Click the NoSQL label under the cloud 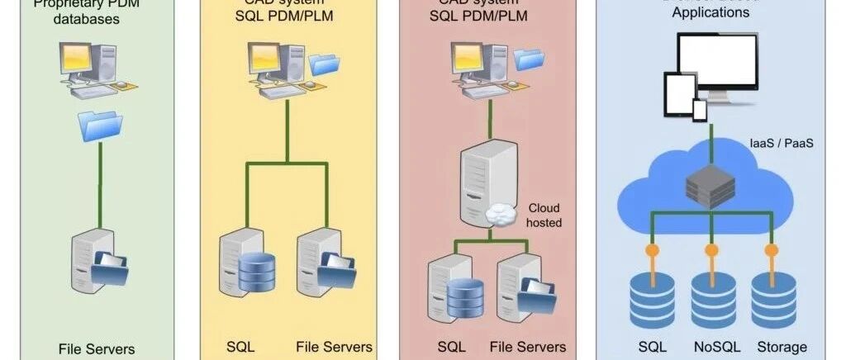(712, 347)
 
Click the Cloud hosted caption (544, 216)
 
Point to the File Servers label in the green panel (96, 348)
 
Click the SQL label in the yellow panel (240, 346)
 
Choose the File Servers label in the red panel (527, 346)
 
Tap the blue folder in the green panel (100, 126)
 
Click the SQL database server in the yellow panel (245, 263)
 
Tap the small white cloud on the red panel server (503, 215)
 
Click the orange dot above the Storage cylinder (771, 249)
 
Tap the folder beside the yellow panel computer (323, 64)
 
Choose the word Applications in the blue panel (711, 12)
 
